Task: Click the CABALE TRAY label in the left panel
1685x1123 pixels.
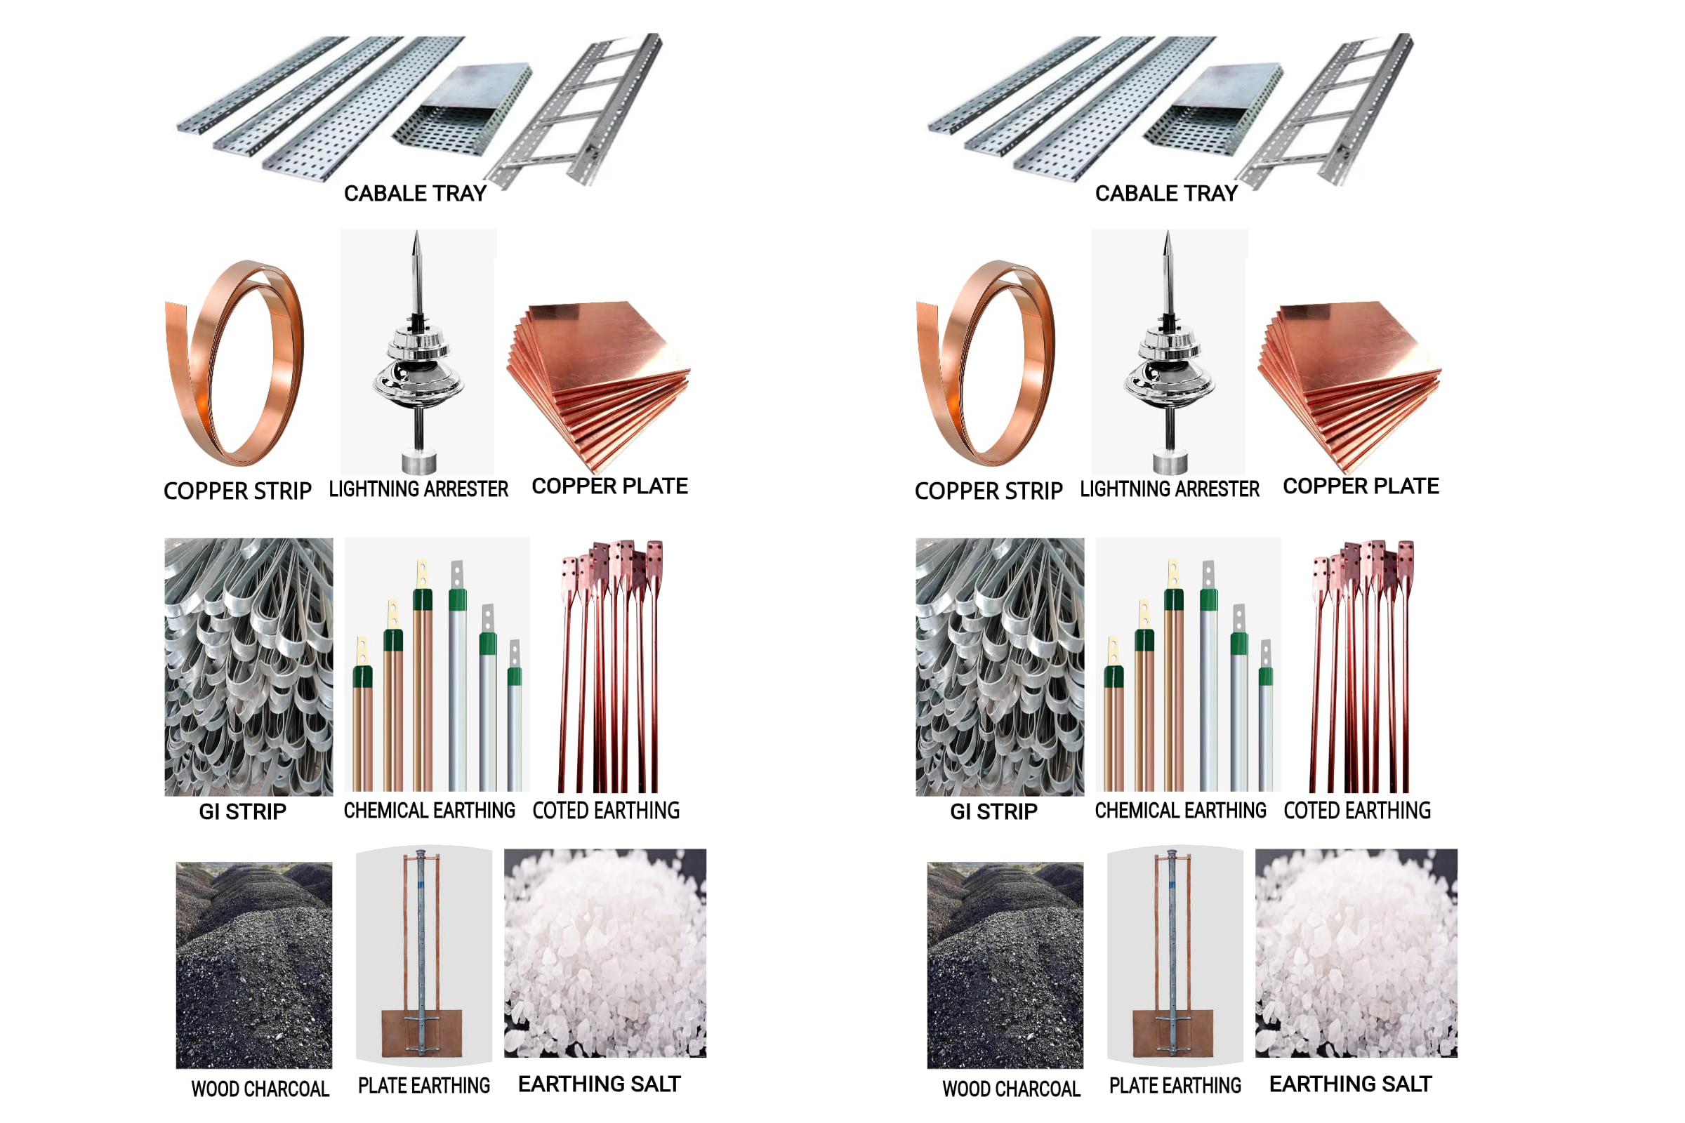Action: coord(415,194)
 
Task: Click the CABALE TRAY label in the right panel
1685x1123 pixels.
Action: coord(1165,194)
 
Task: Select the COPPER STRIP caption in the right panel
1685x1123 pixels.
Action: coord(989,491)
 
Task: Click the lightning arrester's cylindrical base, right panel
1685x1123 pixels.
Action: coord(1170,462)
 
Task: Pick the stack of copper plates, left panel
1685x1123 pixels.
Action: coord(602,380)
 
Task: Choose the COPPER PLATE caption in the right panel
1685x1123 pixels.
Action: coord(1361,486)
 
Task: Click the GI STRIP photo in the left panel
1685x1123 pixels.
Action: coord(249,667)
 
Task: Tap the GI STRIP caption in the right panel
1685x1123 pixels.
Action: coord(993,811)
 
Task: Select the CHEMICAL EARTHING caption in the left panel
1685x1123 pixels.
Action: coord(429,811)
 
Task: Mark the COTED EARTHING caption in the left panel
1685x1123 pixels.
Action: coord(606,811)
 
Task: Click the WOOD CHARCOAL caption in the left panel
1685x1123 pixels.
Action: coord(260,1089)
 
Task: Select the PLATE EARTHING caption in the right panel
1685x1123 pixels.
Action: coord(1175,1086)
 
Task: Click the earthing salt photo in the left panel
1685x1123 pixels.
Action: coord(605,952)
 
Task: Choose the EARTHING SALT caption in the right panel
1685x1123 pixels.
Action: coord(1350,1084)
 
